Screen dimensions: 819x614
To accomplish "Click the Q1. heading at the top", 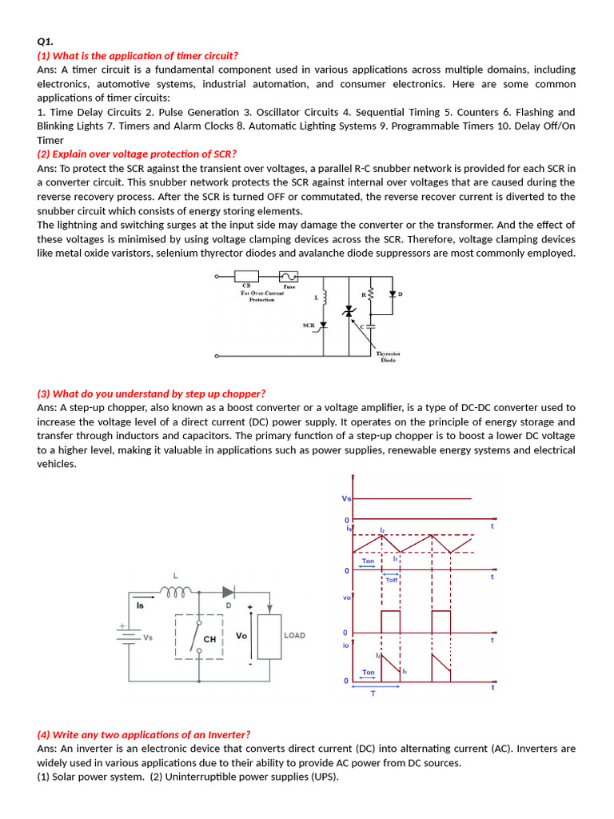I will pos(45,42).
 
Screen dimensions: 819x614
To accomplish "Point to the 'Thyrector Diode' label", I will pos(389,356).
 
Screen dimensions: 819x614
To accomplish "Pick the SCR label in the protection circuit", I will pos(309,326).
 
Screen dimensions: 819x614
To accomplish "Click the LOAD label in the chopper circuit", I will pos(294,636).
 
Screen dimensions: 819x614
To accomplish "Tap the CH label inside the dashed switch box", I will pos(210,640).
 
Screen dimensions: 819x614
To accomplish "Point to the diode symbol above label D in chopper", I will pos(229,593).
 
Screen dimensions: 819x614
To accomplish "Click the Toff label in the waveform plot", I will pos(391,580).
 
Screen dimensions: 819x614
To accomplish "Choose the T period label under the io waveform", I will pos(373,694).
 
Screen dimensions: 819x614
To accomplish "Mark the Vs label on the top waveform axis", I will pos(346,499).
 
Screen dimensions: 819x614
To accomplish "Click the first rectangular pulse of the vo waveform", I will pos(390,621).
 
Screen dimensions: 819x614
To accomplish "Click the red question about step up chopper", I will pos(151,394).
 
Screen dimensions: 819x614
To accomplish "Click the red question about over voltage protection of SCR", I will pos(137,154).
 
